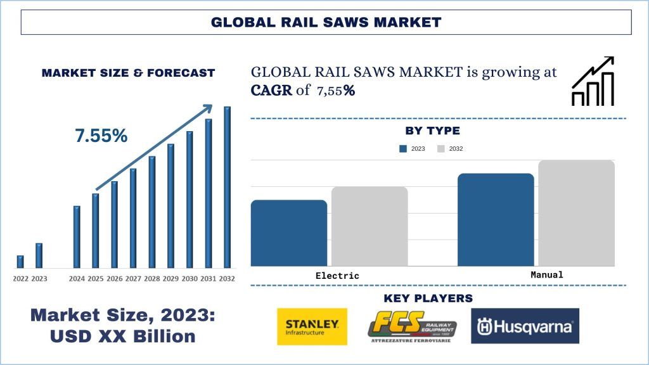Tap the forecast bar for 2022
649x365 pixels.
pos(20,262)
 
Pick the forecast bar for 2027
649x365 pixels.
pos(133,218)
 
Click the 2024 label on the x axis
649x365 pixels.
pos(77,278)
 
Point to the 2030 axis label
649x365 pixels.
pos(190,278)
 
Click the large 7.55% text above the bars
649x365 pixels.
pos(101,136)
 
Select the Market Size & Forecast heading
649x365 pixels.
pos(128,73)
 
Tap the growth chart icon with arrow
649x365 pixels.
pos(593,81)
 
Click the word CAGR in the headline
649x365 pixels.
pos(272,91)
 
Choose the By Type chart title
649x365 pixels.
pos(432,131)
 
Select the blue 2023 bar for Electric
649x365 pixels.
pos(289,233)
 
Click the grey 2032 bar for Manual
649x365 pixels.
pos(576,213)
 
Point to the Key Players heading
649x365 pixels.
pos(428,298)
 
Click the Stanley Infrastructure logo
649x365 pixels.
pos(312,326)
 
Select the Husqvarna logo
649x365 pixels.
pos(525,326)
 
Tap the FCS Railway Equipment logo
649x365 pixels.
pos(413,326)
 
